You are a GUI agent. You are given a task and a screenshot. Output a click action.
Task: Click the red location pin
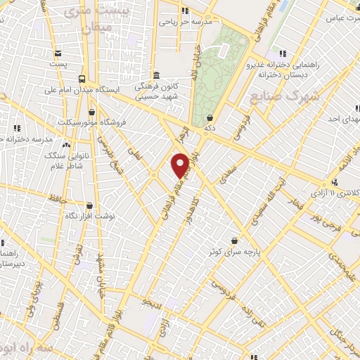180,165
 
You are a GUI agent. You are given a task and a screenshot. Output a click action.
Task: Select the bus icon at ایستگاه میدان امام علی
82,79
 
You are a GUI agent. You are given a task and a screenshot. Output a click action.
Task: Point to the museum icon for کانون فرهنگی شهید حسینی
156,75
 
